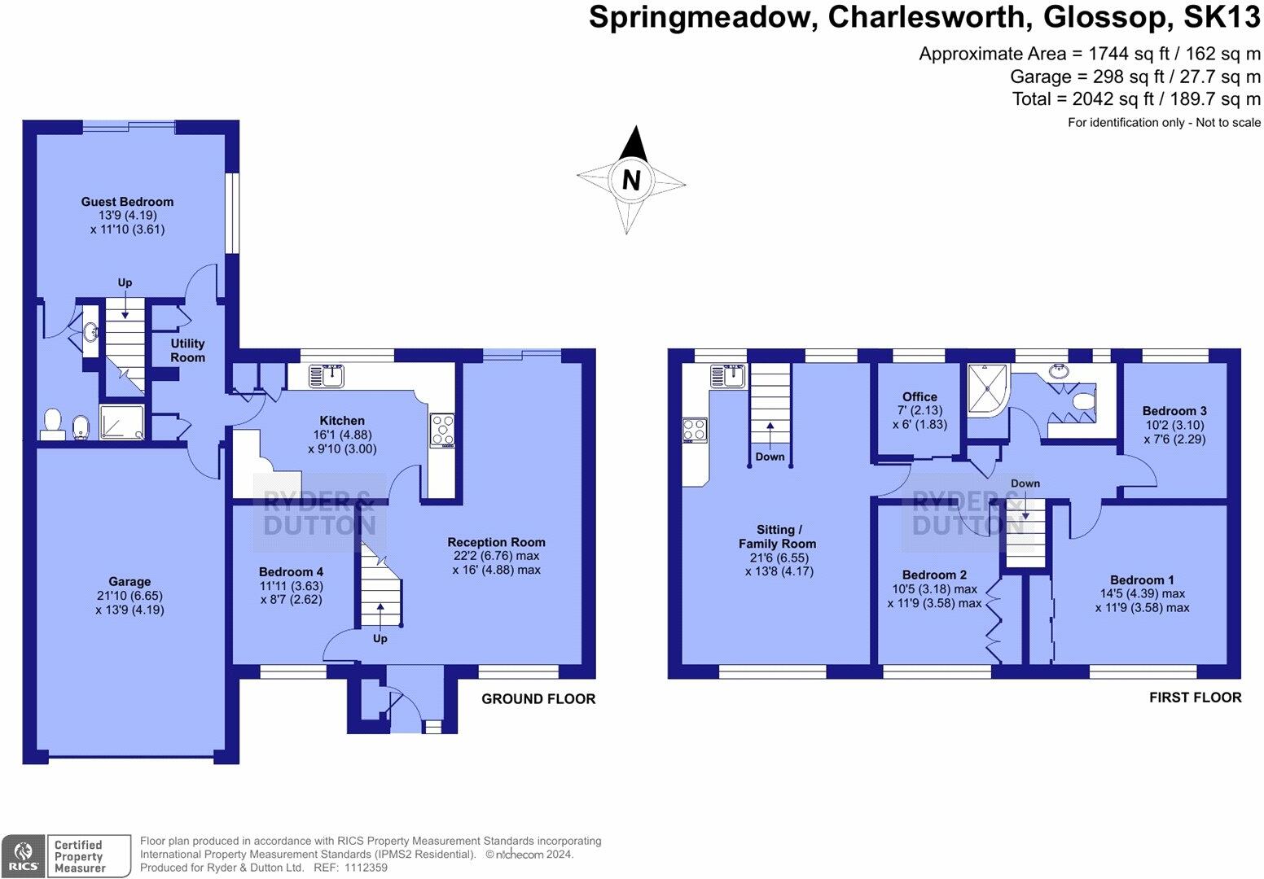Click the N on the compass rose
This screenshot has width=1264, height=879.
point(631,181)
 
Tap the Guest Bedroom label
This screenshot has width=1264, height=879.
point(127,202)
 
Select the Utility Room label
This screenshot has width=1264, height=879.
point(187,350)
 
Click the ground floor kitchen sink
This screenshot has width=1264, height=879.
point(327,375)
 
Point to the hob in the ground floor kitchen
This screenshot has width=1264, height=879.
point(442,431)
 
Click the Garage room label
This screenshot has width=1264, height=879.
point(129,581)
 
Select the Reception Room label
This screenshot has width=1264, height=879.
point(497,542)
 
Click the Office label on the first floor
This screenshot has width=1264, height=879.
point(919,397)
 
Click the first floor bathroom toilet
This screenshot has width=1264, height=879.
point(1083,401)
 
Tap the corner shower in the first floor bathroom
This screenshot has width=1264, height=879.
point(987,390)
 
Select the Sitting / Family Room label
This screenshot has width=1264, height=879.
point(777,536)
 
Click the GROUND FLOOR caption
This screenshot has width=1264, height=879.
point(538,699)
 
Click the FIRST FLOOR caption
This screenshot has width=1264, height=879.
point(1195,698)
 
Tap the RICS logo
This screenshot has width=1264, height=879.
point(23,856)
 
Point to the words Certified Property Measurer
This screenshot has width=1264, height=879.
point(80,856)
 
